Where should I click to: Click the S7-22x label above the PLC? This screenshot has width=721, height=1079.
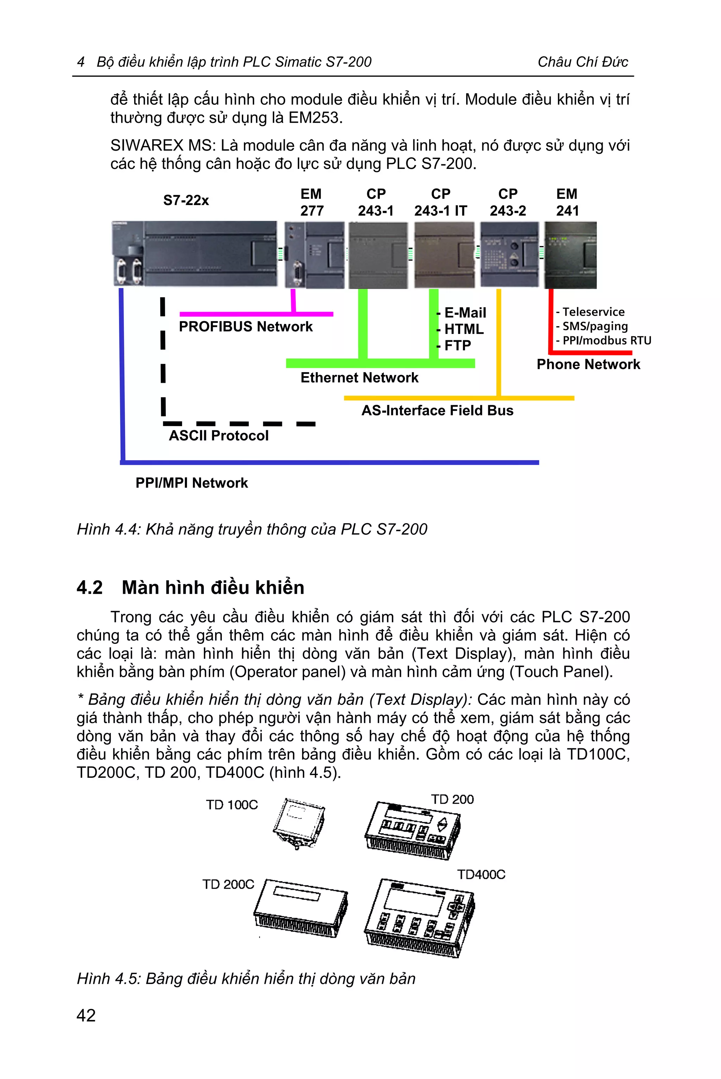(186, 201)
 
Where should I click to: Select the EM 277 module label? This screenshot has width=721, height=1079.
(312, 202)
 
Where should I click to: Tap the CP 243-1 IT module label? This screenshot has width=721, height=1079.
(440, 202)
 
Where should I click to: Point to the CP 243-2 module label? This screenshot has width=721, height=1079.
(508, 202)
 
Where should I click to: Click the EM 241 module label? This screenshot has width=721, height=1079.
(567, 202)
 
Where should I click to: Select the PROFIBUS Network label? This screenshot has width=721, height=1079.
(245, 327)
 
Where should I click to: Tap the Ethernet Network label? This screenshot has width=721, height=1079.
(359, 378)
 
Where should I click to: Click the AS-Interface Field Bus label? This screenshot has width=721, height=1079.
(437, 410)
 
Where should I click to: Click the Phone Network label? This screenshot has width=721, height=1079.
(588, 364)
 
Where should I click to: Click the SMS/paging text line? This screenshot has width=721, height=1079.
(595, 326)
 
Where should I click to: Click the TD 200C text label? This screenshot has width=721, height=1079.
(228, 884)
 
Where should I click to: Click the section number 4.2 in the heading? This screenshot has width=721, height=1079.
(90, 588)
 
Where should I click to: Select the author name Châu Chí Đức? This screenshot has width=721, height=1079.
(583, 62)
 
